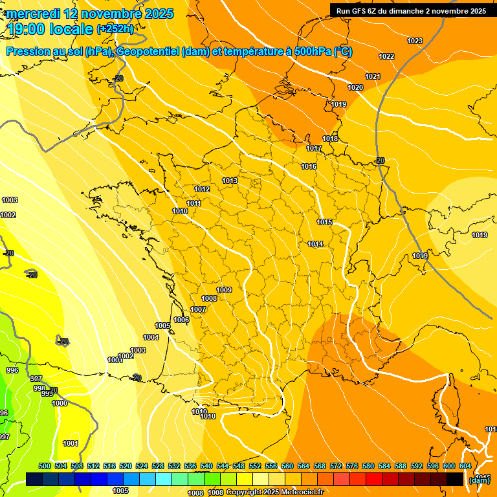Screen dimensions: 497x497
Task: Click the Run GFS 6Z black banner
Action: click(412, 11)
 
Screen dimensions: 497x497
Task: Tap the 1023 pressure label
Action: click(415, 41)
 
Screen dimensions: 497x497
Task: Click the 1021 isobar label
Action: click(372, 77)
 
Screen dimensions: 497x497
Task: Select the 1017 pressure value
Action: click(314, 149)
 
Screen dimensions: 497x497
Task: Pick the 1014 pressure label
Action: click(315, 245)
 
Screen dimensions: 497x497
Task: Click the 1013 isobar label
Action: click(230, 181)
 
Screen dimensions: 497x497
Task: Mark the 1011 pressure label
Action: click(193, 204)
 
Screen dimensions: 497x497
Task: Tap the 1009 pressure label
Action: click(224, 291)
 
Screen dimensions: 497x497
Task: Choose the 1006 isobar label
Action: click(181, 320)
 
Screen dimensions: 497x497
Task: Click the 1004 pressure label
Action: click(151, 338)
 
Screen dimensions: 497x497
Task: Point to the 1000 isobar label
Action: click(60, 404)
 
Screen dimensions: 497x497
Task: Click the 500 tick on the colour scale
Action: click(45, 467)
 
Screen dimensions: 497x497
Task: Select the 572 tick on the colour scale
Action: click(335, 467)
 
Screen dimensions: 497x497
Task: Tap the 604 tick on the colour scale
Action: click(465, 467)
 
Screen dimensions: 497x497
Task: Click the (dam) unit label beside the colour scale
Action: click(480, 480)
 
